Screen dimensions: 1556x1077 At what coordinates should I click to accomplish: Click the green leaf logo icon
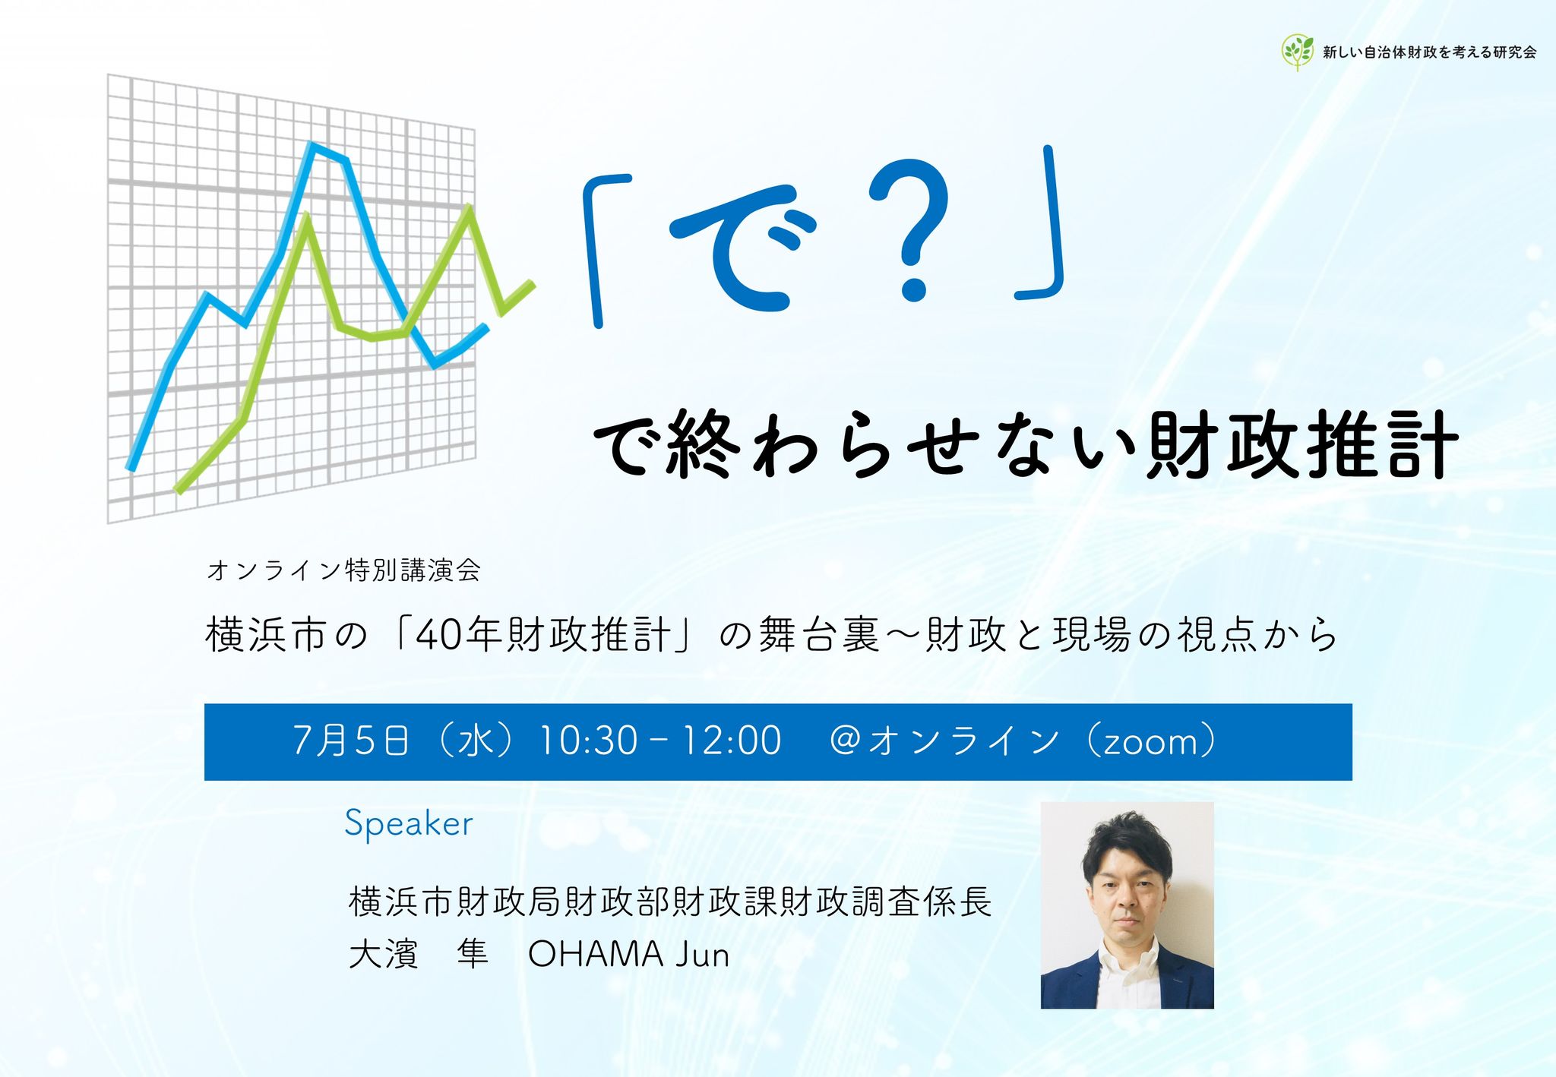[1298, 52]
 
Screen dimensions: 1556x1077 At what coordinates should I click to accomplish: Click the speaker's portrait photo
[1127, 905]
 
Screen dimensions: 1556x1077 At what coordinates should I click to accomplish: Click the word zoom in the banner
[1150, 743]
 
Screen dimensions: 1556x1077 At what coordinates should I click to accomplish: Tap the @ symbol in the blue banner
[846, 741]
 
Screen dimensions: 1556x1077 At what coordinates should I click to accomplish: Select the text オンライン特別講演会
[343, 570]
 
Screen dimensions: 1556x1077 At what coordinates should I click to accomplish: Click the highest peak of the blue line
[311, 144]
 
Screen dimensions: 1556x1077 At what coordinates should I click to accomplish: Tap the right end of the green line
[533, 285]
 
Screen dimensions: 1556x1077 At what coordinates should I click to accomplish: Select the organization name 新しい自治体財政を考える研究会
[1429, 52]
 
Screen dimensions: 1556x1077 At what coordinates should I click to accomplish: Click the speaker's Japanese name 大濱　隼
[419, 955]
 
